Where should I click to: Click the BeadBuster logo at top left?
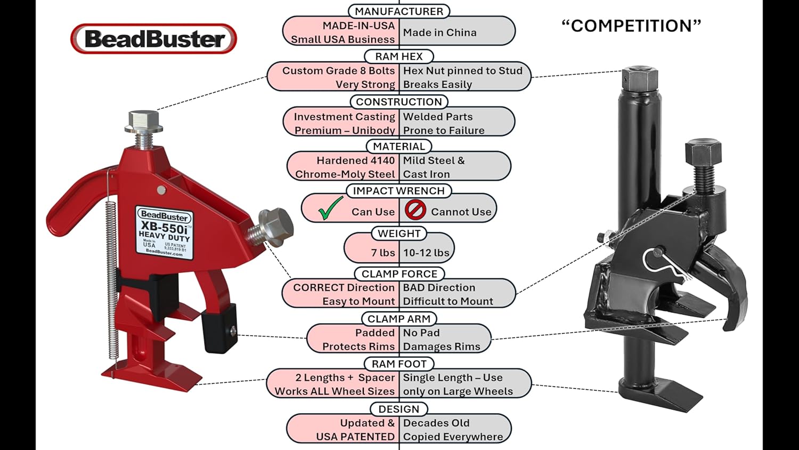(x=153, y=39)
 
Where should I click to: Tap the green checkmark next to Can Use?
(x=330, y=208)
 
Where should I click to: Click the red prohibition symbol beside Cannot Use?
(x=415, y=210)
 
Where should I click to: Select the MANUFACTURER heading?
(x=399, y=11)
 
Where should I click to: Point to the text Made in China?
(x=439, y=33)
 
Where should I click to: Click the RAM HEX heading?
(x=399, y=57)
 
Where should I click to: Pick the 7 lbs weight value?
(x=383, y=253)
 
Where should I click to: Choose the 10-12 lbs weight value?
(x=426, y=253)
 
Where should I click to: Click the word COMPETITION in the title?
(x=631, y=26)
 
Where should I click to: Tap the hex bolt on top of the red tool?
(x=143, y=122)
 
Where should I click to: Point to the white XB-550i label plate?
(x=165, y=232)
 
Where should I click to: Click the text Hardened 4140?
(x=355, y=160)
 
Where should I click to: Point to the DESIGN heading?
(x=399, y=409)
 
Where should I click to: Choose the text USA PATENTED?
(x=355, y=437)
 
